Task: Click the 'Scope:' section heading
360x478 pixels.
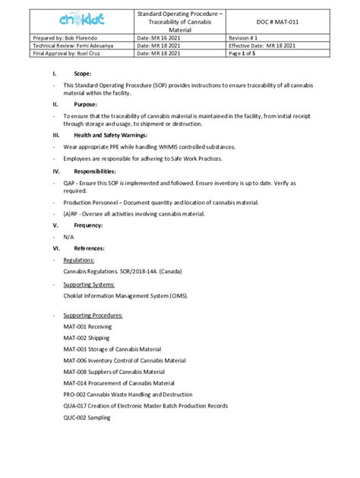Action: [82, 74]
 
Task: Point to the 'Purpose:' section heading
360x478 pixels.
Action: [85, 103]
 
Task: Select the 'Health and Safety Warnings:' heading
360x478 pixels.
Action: [115, 134]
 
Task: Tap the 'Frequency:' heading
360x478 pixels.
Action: [89, 225]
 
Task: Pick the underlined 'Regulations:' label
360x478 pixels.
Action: [79, 259]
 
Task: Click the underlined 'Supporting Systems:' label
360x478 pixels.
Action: [89, 285]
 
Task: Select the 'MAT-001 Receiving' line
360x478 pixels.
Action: [87, 326]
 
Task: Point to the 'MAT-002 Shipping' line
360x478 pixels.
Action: [87, 338]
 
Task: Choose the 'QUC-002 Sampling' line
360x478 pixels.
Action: [87, 417]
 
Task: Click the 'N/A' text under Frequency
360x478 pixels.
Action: [69, 237]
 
